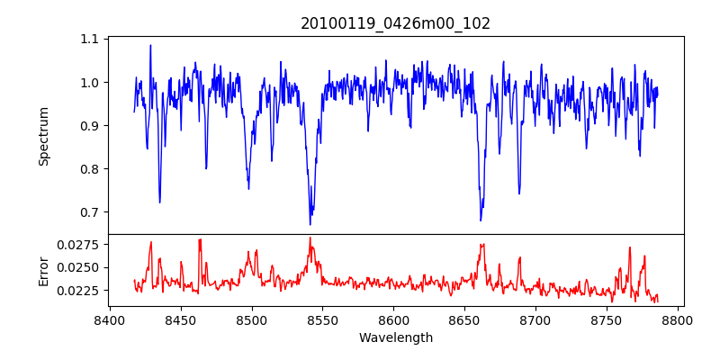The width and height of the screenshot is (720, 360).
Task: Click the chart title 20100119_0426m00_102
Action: coord(395,23)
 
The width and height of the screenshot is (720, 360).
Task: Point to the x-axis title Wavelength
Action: coord(395,338)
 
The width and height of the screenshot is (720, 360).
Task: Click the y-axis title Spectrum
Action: coord(44,136)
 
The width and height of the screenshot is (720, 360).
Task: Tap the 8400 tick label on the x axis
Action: coord(109,319)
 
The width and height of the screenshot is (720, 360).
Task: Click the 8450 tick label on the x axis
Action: coord(180,319)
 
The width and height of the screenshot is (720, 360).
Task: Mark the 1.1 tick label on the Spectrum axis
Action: coord(90,40)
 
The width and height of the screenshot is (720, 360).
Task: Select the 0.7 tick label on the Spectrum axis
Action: coord(90,212)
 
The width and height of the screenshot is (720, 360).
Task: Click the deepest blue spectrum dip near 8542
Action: coord(310,224)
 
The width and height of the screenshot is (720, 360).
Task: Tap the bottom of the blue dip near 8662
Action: coord(481,220)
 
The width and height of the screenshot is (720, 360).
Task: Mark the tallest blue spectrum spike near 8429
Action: coord(150,45)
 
